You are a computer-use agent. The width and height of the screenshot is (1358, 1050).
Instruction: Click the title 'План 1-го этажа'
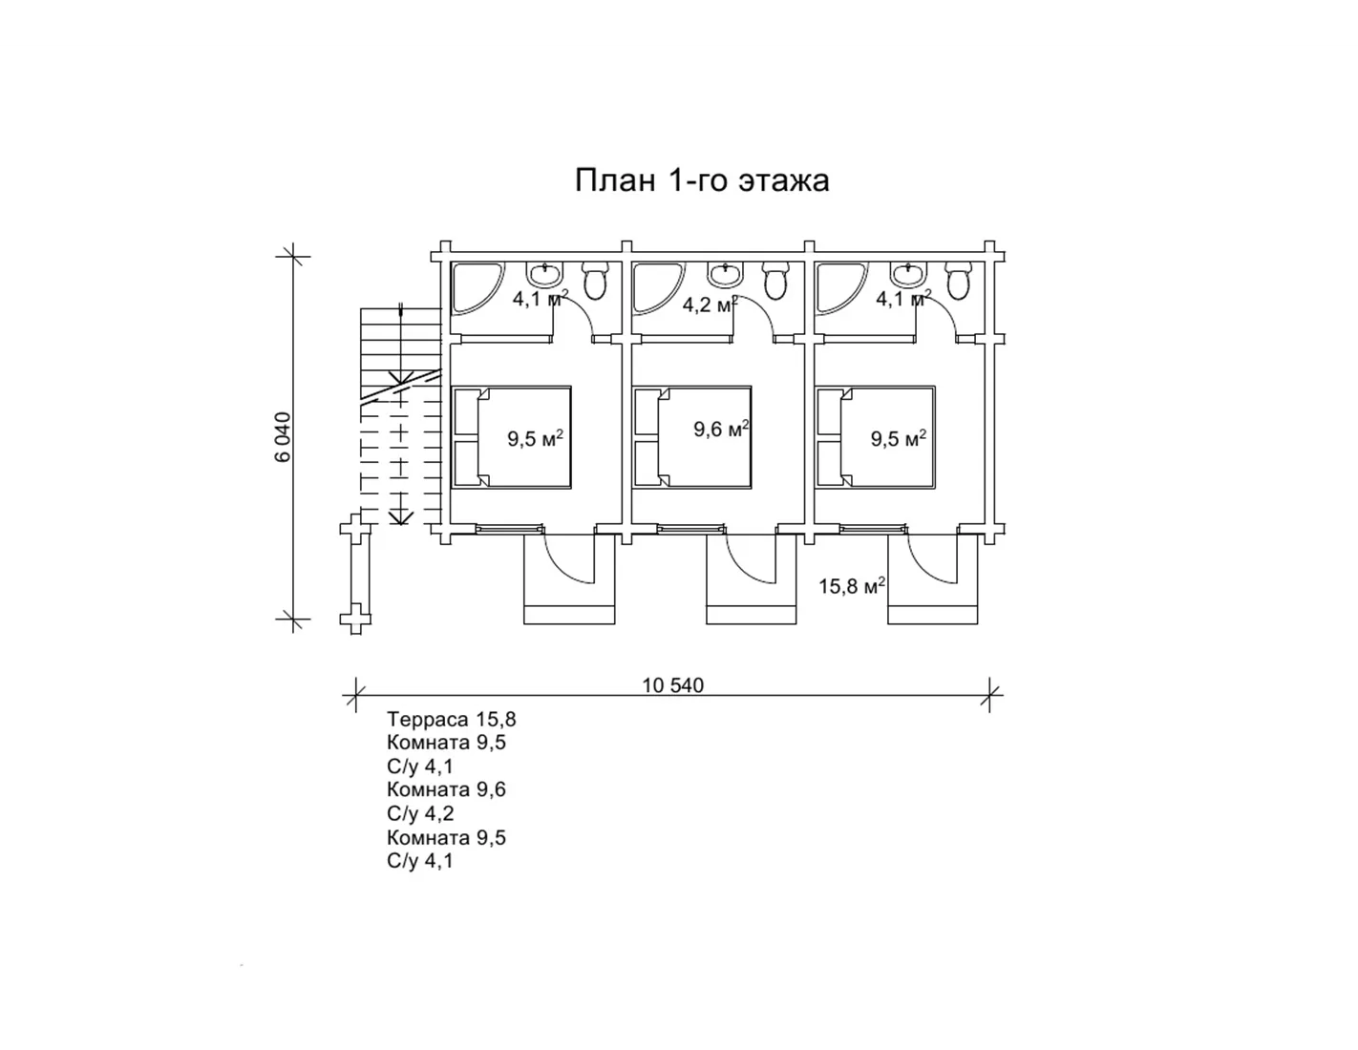702,180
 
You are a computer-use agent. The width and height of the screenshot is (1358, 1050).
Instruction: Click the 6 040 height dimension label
283,437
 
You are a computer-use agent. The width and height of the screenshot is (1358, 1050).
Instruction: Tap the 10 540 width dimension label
673,686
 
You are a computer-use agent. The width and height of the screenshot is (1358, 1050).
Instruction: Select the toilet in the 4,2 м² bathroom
775,281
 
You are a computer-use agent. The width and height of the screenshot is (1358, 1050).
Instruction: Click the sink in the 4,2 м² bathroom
725,274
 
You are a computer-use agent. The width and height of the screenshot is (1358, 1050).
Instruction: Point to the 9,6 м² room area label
722,430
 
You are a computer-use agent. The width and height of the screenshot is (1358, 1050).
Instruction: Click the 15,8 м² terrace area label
852,586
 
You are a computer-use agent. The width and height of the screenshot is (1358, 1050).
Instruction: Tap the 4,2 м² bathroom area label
711,304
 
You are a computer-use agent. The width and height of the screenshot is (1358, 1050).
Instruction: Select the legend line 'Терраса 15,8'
451,720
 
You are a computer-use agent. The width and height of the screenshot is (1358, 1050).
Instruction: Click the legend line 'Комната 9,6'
446,789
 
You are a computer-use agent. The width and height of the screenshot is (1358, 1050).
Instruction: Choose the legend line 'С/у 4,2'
420,813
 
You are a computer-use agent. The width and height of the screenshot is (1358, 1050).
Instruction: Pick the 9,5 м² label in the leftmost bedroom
536,438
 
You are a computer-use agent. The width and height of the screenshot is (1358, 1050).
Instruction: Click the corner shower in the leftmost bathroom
472,286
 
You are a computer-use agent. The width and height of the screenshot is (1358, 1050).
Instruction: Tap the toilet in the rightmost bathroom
958,281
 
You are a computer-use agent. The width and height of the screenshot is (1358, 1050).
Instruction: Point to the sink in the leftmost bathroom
545,274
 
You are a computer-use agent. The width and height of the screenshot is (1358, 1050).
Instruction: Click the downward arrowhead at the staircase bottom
400,516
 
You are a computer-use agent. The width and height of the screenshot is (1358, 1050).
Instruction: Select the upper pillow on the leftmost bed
467,411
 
